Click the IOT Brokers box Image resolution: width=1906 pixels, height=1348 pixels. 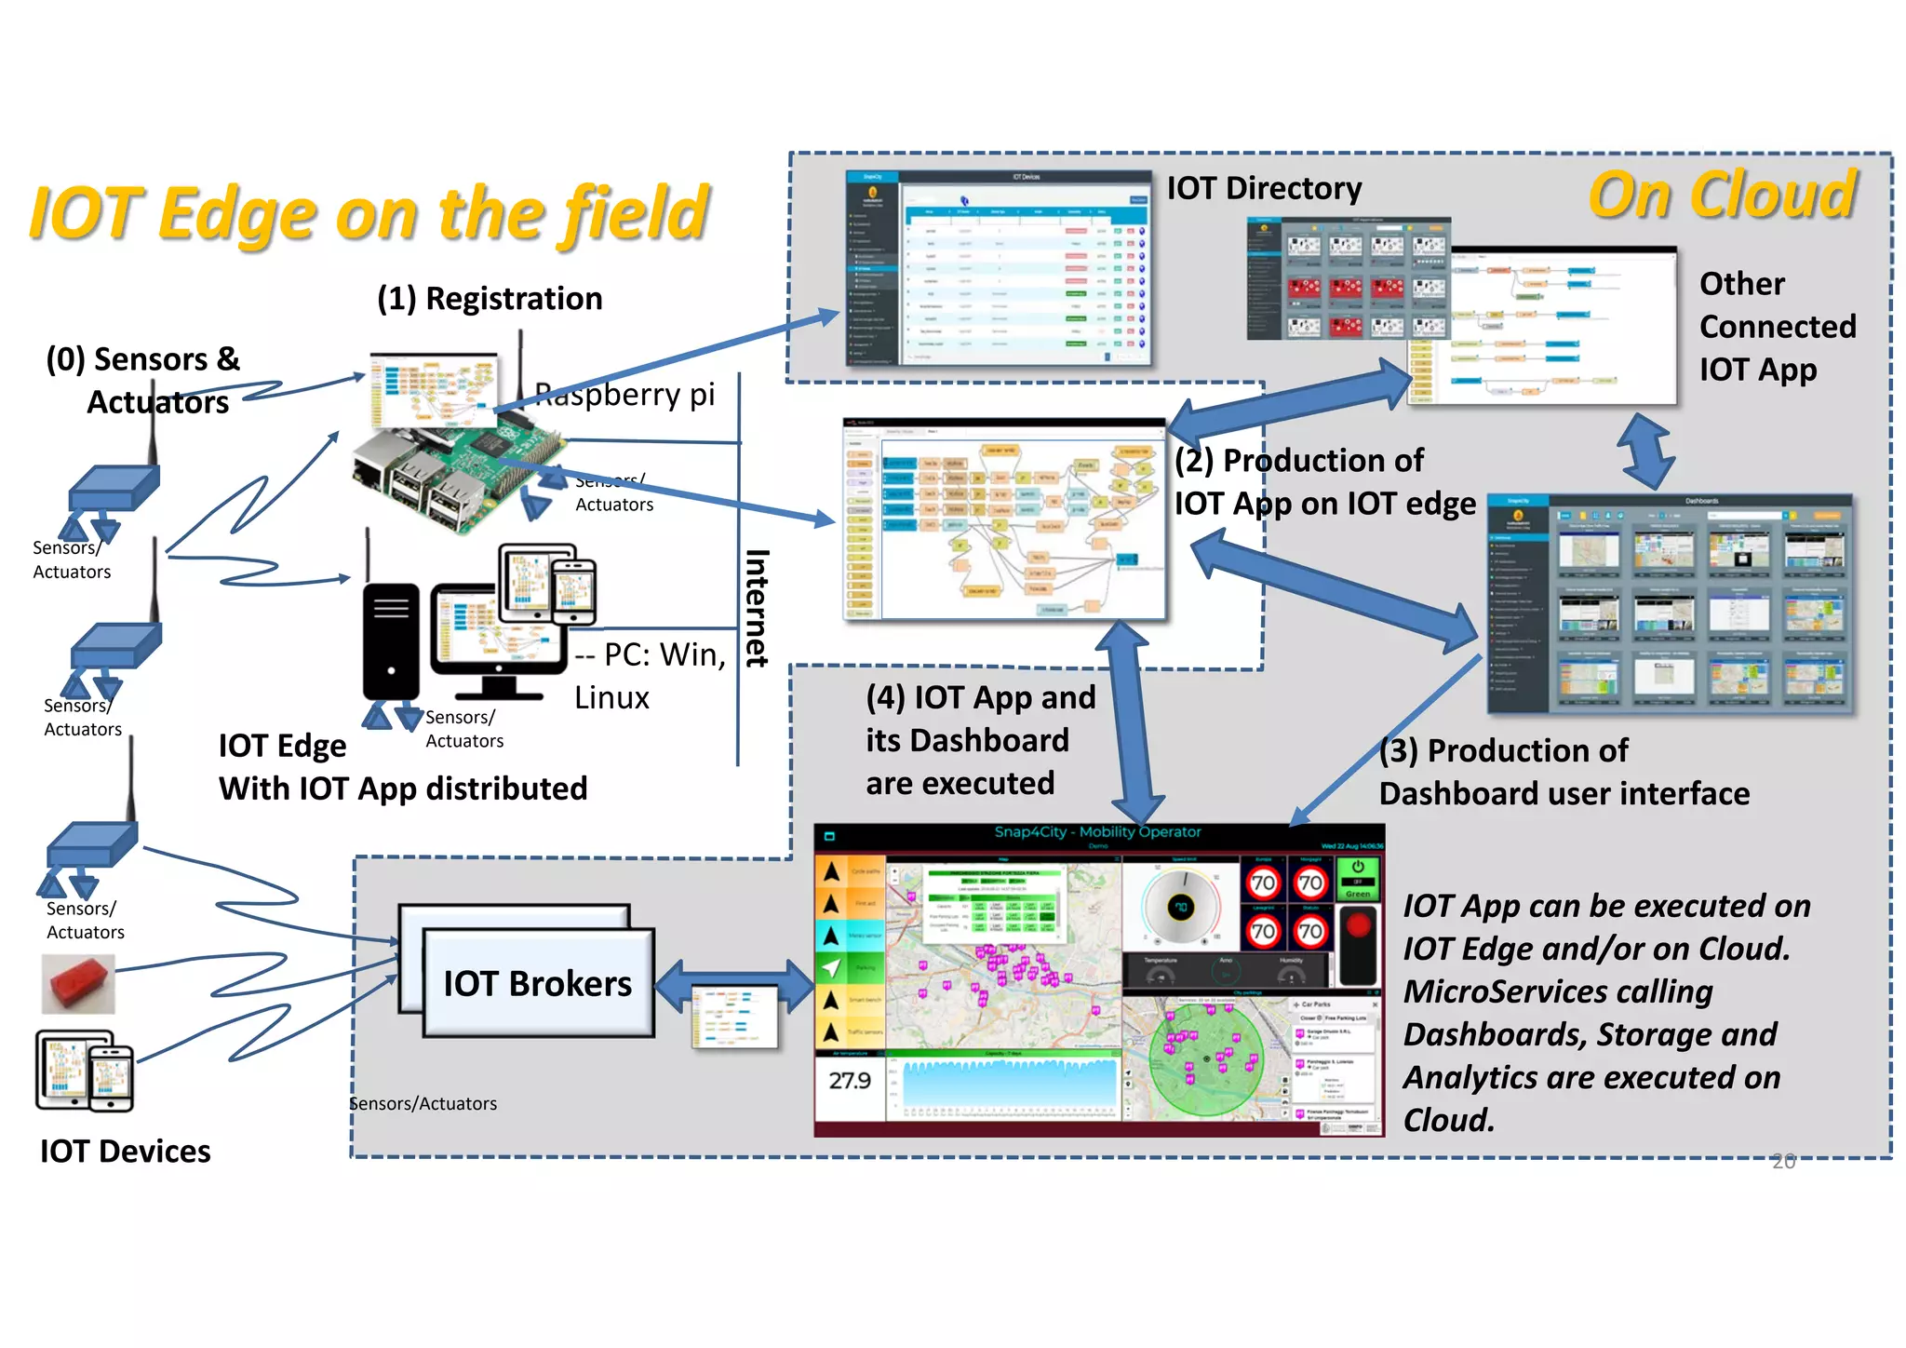coord(537,983)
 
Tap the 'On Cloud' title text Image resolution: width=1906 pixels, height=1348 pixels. coord(1722,195)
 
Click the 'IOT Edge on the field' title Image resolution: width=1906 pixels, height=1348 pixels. coord(369,214)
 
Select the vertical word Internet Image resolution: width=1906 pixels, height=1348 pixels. coord(757,607)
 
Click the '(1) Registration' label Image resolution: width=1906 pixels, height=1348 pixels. coord(490,299)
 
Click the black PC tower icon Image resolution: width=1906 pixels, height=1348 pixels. coord(391,640)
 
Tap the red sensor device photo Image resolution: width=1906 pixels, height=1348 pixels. coord(78,984)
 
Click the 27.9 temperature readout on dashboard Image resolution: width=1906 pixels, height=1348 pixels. coord(849,1081)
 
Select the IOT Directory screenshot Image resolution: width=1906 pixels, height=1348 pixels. coord(999,268)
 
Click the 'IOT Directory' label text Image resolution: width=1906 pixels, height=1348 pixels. coord(1263,189)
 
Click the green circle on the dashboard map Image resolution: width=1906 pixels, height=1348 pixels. coord(1205,1058)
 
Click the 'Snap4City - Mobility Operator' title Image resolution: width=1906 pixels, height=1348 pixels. coord(1097,832)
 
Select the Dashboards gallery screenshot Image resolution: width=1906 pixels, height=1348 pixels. coord(1670,605)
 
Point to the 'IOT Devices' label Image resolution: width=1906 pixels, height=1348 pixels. coord(125,1152)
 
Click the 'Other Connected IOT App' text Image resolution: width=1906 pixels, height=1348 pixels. coord(1776,327)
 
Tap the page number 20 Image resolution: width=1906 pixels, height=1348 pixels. coord(1782,1161)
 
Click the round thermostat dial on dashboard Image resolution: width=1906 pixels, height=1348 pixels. coord(1180,907)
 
